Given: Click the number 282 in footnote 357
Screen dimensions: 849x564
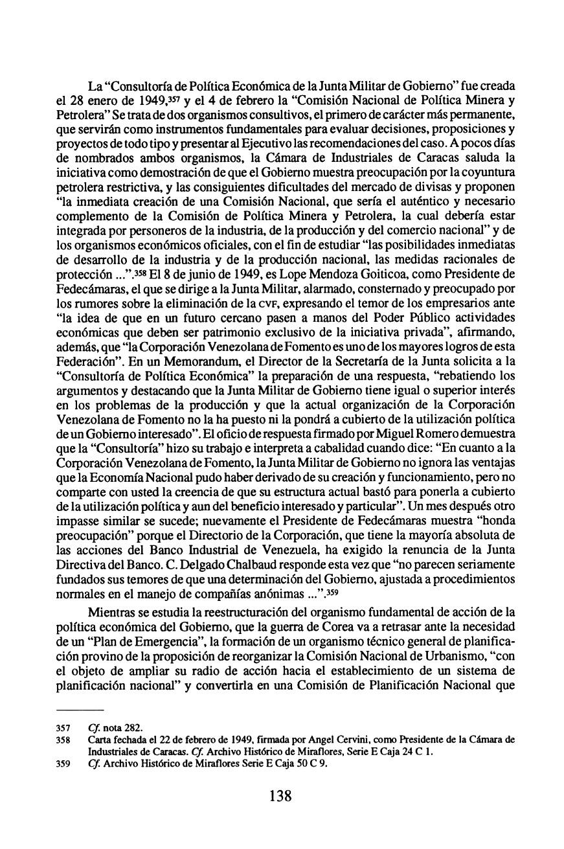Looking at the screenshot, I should [x=133, y=725].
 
